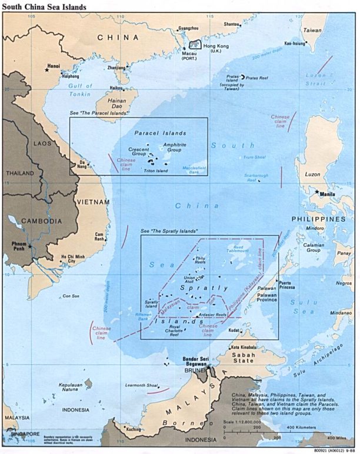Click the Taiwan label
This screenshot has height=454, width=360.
pos(312,29)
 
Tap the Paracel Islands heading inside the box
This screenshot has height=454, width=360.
pos(160,133)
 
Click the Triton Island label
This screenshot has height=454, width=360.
pos(156,170)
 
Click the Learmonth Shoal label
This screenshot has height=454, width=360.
pos(142,385)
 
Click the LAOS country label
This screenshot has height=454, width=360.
pos(26,143)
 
